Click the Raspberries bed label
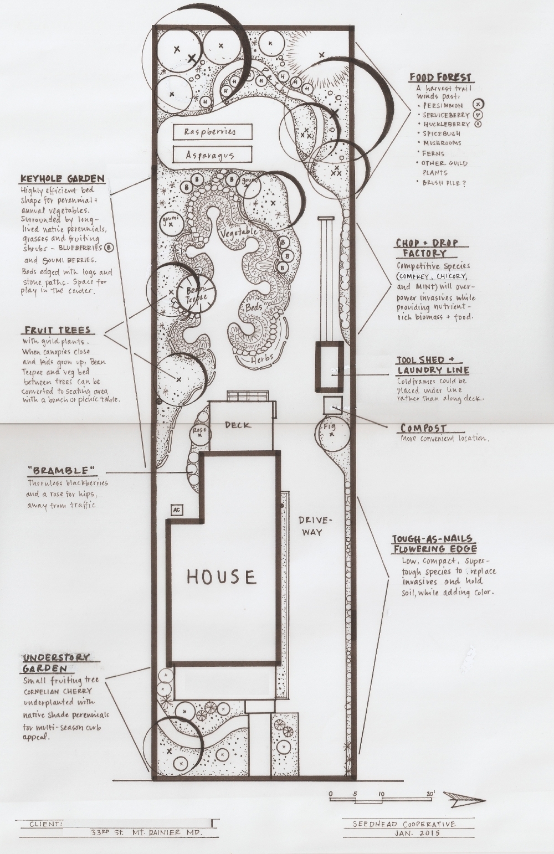tap(210, 132)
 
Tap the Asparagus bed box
tap(213, 155)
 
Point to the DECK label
tap(238, 425)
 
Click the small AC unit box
tap(176, 510)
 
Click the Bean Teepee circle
tap(197, 294)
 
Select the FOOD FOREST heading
tap(440, 78)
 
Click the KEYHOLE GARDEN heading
tap(63, 178)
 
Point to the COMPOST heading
tap(423, 428)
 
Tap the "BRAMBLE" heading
tap(61, 470)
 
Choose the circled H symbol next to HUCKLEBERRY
tap(478, 124)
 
